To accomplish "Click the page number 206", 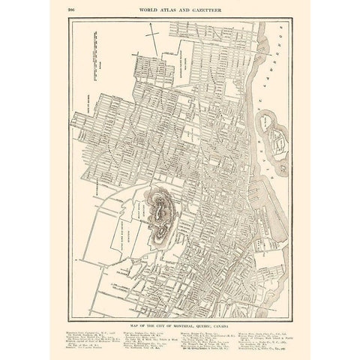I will (72, 10).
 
